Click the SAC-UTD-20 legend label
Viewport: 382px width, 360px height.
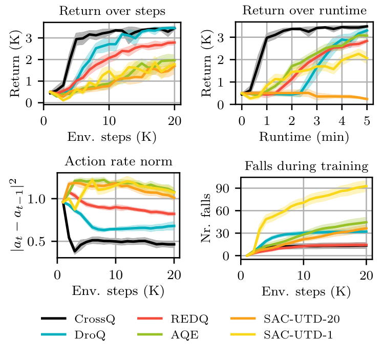(x=303, y=320)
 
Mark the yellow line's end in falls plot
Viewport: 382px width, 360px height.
(x=367, y=186)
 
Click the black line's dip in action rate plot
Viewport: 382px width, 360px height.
(x=75, y=251)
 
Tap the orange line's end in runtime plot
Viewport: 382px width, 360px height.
(x=367, y=99)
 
